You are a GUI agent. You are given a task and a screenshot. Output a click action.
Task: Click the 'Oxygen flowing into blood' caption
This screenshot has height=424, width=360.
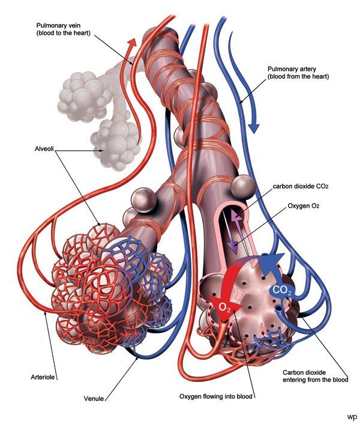click(x=217, y=396)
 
